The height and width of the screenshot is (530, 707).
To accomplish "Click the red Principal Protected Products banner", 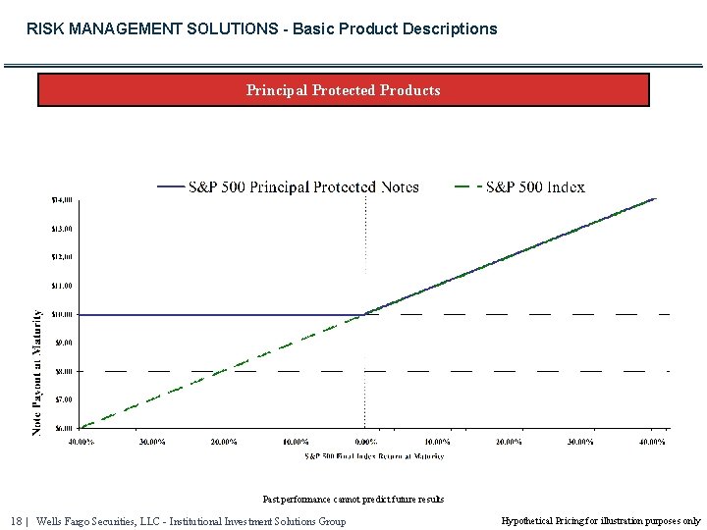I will [343, 90].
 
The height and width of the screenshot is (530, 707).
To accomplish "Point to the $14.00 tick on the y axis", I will [61, 199].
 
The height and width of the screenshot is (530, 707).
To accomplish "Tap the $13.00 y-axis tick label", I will [61, 229].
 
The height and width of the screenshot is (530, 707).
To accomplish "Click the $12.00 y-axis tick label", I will [61, 257].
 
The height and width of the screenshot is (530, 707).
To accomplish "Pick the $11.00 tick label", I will [61, 286].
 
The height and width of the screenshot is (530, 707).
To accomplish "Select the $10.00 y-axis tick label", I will [61, 314].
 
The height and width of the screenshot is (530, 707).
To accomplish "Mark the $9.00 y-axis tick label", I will [63, 343].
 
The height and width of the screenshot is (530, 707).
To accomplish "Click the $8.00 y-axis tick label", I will [63, 371].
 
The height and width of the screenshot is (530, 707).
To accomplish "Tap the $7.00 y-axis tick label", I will [63, 399].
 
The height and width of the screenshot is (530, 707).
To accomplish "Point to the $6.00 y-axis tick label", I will [63, 428].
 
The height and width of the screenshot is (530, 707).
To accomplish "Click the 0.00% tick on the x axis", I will [365, 442].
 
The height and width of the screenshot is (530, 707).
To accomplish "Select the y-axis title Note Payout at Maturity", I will [37, 373].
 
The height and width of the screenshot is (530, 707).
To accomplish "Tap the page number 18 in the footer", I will [16, 521].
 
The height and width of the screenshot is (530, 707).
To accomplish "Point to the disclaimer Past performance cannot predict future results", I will [353, 500].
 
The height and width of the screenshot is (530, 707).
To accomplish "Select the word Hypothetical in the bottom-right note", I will [527, 521].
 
